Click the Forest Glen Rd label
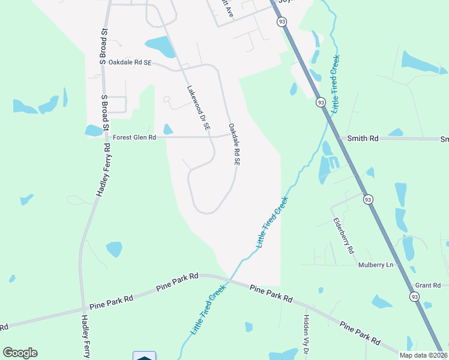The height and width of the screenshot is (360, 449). (x=134, y=137)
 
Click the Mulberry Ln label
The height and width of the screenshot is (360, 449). (x=376, y=265)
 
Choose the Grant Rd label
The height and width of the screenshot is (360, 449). (x=428, y=285)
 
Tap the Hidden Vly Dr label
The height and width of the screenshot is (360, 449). (x=306, y=333)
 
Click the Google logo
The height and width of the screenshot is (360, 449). (x=20, y=353)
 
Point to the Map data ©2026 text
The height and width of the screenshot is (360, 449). (x=423, y=355)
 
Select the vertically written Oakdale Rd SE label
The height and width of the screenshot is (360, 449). (x=234, y=145)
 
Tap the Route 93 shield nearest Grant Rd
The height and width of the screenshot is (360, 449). (x=414, y=296)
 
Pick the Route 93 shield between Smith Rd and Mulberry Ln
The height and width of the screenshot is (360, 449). (x=368, y=199)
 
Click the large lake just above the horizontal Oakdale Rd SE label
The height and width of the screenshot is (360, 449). (x=160, y=46)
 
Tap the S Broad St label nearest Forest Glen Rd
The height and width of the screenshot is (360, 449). (x=104, y=113)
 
